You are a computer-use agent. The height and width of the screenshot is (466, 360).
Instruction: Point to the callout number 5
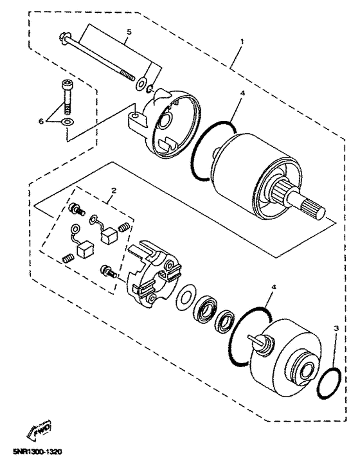[128, 31]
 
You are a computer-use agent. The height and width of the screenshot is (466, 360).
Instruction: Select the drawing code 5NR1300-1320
[40, 452]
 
